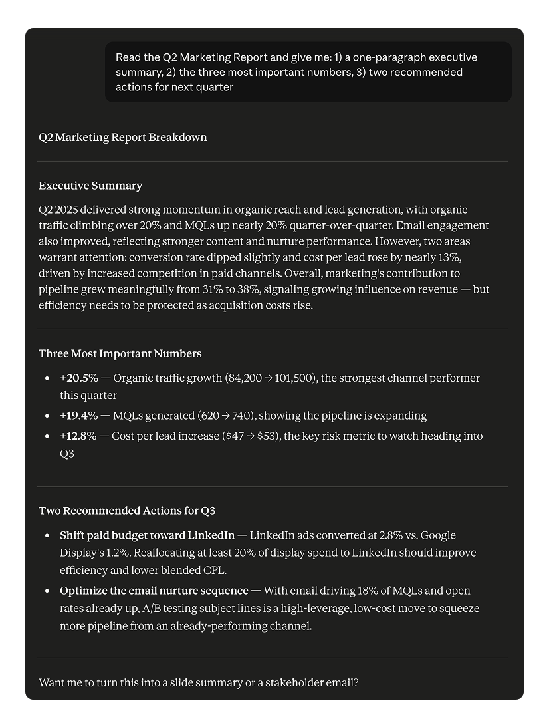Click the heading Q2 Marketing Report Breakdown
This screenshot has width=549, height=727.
[122, 138]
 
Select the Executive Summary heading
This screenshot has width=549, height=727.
[90, 186]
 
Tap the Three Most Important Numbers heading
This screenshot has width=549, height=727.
[120, 354]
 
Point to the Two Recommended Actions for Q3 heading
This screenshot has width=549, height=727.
[127, 511]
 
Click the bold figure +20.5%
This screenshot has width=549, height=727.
[78, 378]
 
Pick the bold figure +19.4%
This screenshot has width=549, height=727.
[78, 416]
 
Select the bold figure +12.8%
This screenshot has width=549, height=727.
[78, 436]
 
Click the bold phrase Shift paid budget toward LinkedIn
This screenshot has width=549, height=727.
[147, 535]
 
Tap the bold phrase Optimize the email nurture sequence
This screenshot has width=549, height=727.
[154, 591]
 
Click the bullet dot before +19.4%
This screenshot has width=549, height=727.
[47, 416]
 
